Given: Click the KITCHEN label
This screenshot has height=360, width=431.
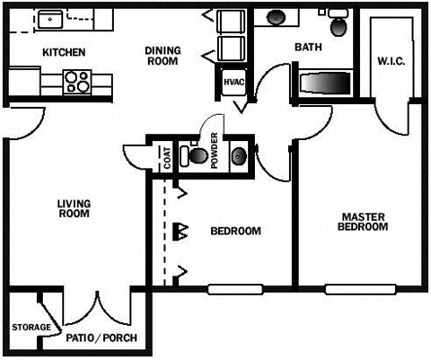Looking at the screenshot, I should coord(63,52).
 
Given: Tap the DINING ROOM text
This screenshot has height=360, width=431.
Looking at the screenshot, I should coord(163,56).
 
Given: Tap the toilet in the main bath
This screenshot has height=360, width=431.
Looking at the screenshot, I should coord(340,25).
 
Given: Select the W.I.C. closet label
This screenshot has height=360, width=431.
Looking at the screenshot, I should coord(392,62).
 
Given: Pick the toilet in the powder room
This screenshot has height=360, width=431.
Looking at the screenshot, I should coord(196,155).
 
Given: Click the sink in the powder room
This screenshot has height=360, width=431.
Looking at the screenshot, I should coord(239,157).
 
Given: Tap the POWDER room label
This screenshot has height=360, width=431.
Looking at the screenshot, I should coord(215,153).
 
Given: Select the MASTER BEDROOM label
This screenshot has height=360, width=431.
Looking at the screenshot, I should coord(363,222).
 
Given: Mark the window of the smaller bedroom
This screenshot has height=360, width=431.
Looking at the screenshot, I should coord(235,289).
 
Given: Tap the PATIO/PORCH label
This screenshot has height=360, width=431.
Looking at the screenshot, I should coord(100,338).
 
